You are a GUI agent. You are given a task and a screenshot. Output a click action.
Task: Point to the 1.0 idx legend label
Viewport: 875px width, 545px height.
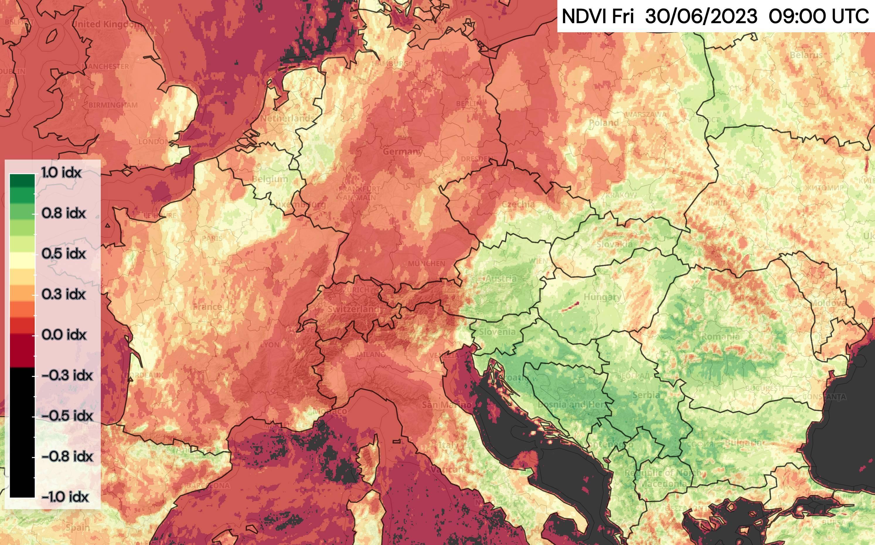point(61,173)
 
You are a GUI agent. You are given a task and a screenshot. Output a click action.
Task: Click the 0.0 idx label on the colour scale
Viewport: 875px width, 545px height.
point(64,335)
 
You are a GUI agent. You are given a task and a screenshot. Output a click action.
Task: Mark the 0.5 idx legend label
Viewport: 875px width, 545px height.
point(64,254)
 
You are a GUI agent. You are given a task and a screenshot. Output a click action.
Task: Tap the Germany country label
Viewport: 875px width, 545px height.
point(403,151)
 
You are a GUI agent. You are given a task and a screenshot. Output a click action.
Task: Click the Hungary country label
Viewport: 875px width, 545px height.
point(602,297)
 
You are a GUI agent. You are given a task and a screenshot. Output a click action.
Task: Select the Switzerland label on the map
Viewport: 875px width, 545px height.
point(353,309)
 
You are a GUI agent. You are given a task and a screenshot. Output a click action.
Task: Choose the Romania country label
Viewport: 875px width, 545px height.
point(721,337)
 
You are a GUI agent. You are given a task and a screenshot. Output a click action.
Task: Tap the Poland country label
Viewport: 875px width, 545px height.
point(604,123)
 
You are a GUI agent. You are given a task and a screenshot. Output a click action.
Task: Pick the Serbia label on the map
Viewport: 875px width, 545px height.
point(646,395)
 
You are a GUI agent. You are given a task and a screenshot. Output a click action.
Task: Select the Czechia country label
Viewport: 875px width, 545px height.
point(518,204)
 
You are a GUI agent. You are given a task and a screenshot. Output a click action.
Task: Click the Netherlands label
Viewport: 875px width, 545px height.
point(287,118)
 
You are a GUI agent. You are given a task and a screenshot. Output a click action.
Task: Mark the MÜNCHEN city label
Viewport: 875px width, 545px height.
point(426,263)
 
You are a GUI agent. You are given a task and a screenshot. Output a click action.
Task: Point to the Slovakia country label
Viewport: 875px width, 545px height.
point(614,244)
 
